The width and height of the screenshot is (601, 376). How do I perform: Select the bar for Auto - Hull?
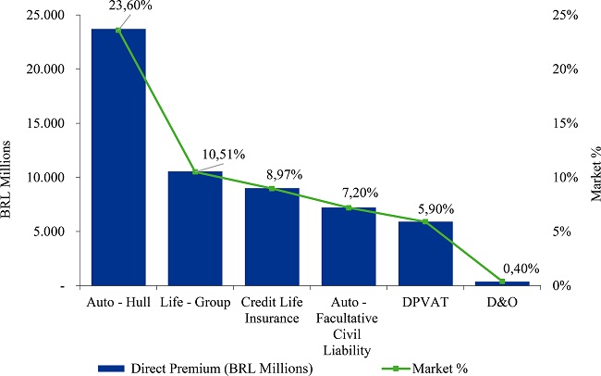[x=118, y=157]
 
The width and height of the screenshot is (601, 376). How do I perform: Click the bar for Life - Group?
[x=195, y=228]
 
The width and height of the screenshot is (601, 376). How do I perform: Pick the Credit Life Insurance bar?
[x=272, y=236]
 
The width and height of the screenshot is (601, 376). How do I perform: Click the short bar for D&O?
[x=502, y=283]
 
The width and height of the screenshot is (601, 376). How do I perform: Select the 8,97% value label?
[x=282, y=173]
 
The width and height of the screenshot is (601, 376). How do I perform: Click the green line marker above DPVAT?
[x=425, y=221]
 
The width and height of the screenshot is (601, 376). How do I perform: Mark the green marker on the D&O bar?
[x=502, y=282]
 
